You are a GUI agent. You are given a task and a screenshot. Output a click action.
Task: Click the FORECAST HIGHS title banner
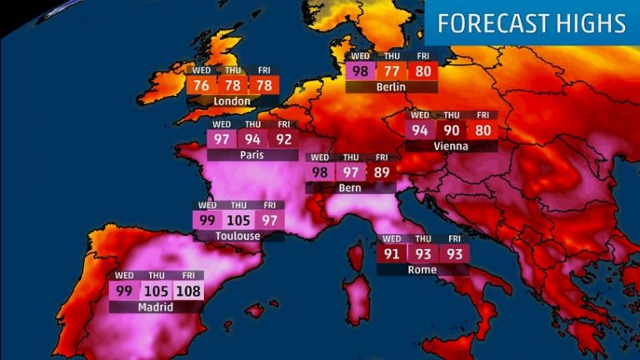point(532,23)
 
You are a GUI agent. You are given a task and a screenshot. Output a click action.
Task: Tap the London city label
point(232,102)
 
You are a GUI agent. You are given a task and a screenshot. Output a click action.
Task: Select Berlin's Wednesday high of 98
point(361,71)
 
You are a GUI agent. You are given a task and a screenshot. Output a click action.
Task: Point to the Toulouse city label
point(237,236)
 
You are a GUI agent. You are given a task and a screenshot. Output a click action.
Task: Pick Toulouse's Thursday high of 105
point(238,220)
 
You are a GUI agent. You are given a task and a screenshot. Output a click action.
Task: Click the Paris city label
point(252,154)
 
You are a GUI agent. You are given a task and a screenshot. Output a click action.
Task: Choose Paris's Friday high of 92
point(284,138)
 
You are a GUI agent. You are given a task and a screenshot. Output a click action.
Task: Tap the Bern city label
point(350,188)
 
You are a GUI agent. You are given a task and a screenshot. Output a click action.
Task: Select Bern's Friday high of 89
point(381,172)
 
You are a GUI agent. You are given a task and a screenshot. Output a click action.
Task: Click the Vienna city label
point(451,146)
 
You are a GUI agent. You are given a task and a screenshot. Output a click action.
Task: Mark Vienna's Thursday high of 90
point(451,130)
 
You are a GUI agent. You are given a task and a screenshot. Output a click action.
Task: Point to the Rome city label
point(422,269)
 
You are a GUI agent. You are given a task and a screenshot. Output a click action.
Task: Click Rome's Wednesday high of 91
point(392,253)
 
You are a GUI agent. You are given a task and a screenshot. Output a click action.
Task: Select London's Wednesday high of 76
point(202,86)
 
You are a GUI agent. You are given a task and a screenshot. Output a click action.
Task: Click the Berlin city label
point(390,86)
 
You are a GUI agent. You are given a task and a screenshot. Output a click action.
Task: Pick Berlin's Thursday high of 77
point(392,71)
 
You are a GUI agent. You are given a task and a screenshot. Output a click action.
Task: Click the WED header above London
point(202,71)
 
